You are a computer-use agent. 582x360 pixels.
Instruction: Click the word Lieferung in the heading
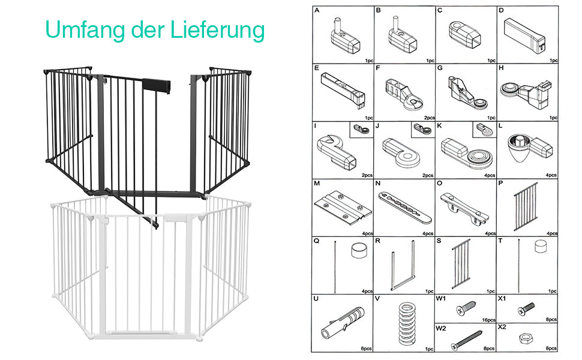tap(218, 29)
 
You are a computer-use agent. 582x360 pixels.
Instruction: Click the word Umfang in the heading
tap(85, 29)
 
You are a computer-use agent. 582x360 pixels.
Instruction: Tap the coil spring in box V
tap(407, 323)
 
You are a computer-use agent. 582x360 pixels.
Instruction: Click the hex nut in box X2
tap(526, 338)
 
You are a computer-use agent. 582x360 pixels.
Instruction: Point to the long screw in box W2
tap(467, 340)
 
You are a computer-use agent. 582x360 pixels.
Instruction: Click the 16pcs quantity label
tap(488, 320)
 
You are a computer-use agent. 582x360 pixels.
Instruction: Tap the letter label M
tap(317, 184)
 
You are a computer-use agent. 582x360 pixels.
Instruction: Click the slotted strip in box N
tap(405, 208)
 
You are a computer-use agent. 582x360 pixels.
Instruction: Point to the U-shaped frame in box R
tap(403, 265)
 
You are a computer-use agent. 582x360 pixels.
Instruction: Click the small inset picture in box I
tap(361, 130)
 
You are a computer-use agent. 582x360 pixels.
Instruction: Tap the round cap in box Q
tap(359, 250)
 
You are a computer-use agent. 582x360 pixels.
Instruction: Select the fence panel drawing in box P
tap(526, 206)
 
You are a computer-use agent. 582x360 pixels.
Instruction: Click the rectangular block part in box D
tap(524, 35)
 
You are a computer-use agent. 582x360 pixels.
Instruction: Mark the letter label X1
tap(502, 298)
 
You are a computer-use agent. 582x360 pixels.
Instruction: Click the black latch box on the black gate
tap(156, 86)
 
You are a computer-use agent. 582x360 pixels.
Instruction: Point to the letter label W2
tap(441, 328)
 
